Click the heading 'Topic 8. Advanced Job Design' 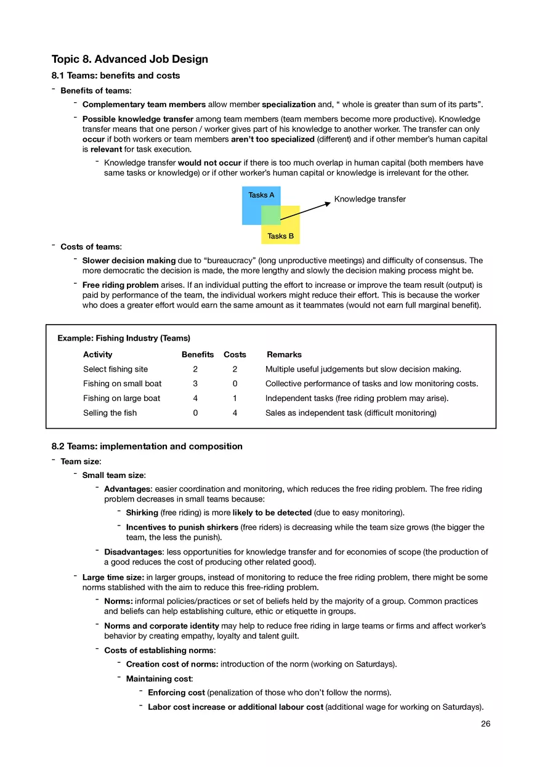[x=130, y=59]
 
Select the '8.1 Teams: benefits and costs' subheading [x=116, y=76]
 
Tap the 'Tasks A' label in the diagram [x=261, y=195]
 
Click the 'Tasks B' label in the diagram [x=280, y=236]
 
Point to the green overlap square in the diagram [x=271, y=215]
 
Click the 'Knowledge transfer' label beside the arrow [x=370, y=199]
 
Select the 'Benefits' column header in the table [x=197, y=354]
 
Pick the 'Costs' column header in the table [x=235, y=354]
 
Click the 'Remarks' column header [x=284, y=354]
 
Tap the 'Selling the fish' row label [x=110, y=413]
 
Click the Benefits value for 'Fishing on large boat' [x=195, y=398]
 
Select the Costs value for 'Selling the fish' [x=235, y=413]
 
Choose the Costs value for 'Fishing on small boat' [x=235, y=383]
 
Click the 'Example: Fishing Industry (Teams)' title [x=124, y=338]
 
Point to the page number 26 [x=485, y=724]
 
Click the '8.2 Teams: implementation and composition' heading [x=147, y=446]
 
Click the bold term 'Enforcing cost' [x=176, y=692]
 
